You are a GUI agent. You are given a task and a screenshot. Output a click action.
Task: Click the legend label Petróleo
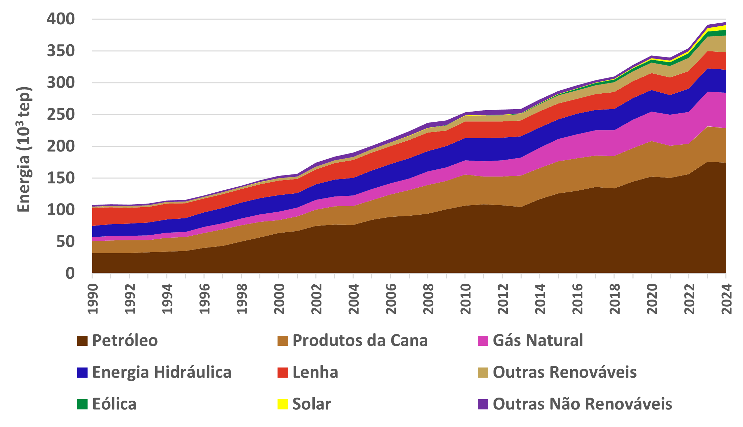coord(125,340)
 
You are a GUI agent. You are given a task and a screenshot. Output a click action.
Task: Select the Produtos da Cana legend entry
coord(360,340)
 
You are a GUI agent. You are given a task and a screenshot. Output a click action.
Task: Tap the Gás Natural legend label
coord(537,340)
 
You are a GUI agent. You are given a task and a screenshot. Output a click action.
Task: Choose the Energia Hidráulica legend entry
coord(162,372)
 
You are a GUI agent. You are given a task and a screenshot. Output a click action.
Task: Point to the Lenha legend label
coord(315,372)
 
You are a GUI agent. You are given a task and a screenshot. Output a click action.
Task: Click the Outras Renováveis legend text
coord(565,372)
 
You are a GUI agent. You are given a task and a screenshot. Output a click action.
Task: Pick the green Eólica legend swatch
coord(82,404)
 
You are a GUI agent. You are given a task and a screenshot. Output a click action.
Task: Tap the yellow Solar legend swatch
coord(283,404)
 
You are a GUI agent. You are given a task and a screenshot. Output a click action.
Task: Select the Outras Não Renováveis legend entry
coord(582,404)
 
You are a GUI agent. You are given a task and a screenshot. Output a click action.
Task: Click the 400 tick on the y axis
coord(61,19)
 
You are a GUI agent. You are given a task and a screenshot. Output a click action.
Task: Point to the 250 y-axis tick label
coord(61,115)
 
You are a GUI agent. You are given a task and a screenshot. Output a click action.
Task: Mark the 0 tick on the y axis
coord(70,273)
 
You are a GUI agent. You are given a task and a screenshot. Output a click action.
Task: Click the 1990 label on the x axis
coord(93,299)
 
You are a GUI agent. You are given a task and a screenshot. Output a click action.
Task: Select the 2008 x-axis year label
coord(428,299)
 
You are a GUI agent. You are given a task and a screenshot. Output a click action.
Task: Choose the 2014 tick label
coord(540,299)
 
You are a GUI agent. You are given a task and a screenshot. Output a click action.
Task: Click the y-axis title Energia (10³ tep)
coord(24,149)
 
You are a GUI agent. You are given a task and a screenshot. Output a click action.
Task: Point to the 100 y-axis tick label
coord(61,210)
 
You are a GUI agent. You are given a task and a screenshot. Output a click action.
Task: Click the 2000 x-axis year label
coord(279,299)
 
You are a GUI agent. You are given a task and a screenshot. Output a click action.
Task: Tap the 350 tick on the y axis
coord(61,51)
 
